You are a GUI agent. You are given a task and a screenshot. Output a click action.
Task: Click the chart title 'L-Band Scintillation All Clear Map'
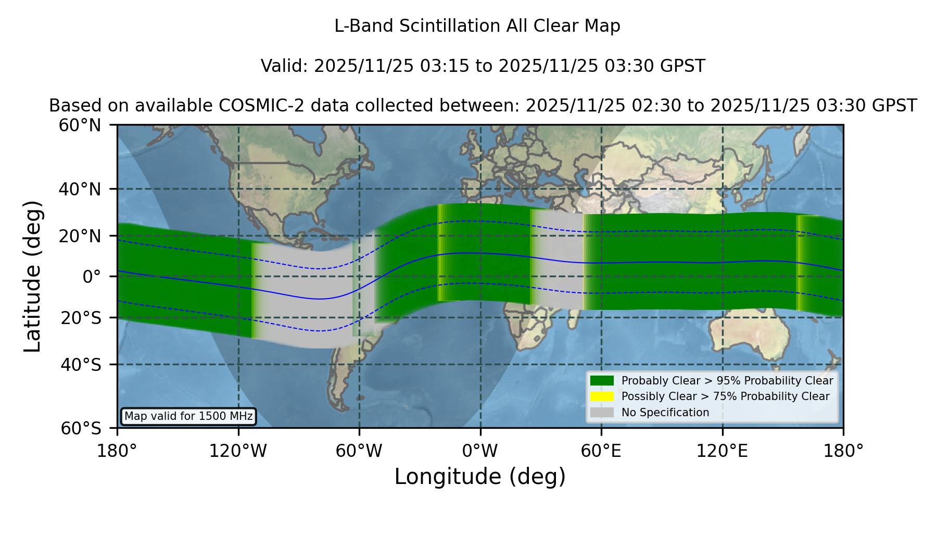[477, 26]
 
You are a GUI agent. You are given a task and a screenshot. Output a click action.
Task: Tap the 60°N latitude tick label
[80, 126]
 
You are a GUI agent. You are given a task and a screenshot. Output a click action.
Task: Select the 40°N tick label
[80, 189]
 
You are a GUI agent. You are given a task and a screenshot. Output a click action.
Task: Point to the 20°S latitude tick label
[81, 317]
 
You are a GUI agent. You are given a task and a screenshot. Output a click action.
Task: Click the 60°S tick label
[81, 428]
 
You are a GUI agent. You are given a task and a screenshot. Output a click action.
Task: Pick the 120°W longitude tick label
[238, 451]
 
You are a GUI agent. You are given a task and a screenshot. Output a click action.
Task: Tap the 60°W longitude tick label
[359, 451]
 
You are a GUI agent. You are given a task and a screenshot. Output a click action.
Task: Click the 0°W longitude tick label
[480, 451]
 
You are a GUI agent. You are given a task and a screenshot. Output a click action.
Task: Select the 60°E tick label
[601, 451]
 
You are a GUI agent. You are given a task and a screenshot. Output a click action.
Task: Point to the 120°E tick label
[723, 451]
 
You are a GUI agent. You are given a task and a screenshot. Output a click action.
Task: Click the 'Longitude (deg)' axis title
[480, 477]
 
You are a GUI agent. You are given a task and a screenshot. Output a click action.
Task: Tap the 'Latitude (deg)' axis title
[32, 276]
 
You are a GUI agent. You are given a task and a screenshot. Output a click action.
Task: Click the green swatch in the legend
[602, 380]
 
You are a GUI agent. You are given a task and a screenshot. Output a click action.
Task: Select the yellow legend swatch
[602, 396]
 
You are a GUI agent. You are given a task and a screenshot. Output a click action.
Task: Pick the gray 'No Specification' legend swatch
[602, 413]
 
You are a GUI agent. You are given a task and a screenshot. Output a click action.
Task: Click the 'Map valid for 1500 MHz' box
[188, 416]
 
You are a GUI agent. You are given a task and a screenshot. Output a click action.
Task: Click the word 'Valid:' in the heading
[285, 66]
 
